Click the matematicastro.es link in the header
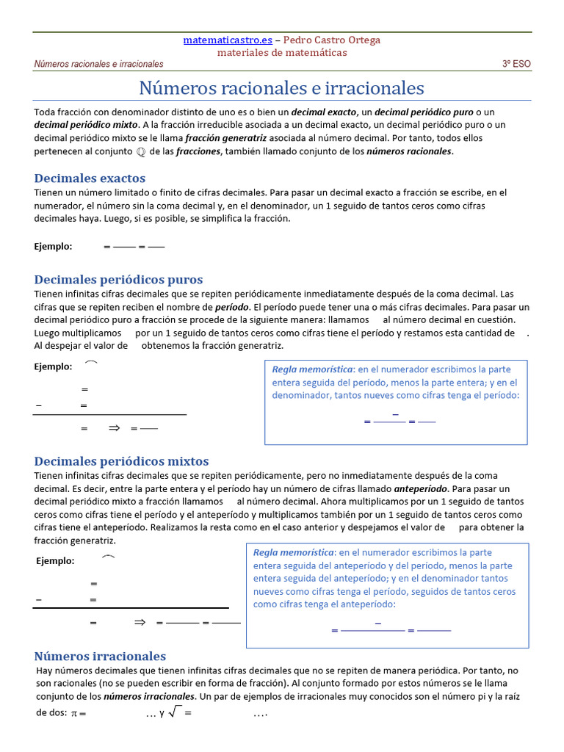[227, 40]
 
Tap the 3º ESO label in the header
[516, 64]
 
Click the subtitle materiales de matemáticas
[282, 52]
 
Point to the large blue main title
[282, 88]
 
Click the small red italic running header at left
[98, 64]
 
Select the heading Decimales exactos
[90, 178]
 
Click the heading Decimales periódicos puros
[118, 279]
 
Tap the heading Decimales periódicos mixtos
[121, 461]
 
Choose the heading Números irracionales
[100, 656]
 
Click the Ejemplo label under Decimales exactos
[53, 246]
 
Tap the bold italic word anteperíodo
[420, 488]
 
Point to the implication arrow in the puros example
[114, 428]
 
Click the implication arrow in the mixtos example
[140, 622]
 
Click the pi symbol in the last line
[74, 713]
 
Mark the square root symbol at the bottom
[175, 712]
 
